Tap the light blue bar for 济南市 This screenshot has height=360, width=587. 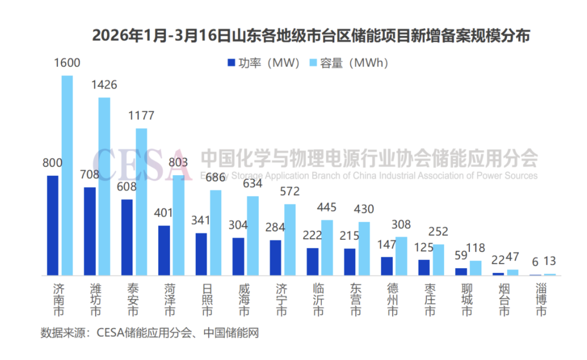coord(67,175)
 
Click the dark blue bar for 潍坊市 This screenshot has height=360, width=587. coord(90,231)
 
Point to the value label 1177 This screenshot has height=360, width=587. coord(141,116)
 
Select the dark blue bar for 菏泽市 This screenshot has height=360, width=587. coord(164,250)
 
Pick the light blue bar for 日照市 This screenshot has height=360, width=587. coord(216,233)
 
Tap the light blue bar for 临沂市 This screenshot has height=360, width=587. coord(327,247)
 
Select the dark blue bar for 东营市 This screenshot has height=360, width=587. coord(350,262)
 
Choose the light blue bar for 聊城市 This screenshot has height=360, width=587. coord(476,268)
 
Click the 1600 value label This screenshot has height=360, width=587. coord(67,63)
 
